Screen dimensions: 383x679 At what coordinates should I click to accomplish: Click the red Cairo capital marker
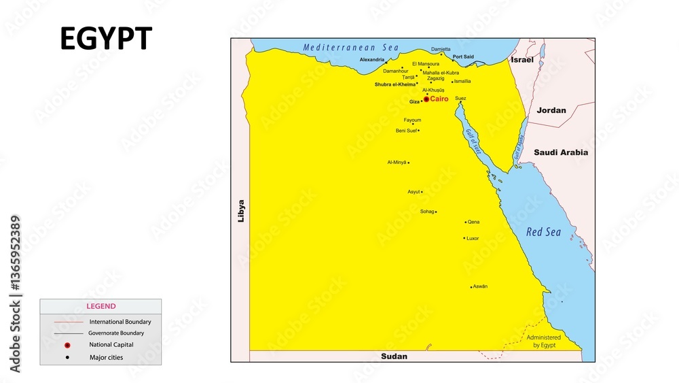(426, 99)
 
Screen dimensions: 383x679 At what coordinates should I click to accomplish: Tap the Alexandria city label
(372, 60)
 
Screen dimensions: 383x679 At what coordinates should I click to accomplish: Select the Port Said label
(463, 56)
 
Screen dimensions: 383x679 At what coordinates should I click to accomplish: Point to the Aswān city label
(480, 286)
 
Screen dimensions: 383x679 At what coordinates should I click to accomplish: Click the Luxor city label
(473, 238)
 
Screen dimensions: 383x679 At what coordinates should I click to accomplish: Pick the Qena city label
(473, 222)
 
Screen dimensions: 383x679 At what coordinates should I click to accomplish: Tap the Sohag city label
(427, 212)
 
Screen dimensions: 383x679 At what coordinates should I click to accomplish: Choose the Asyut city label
(414, 192)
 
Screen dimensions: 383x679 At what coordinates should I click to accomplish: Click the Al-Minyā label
(397, 163)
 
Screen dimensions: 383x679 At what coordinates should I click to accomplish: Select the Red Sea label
(544, 232)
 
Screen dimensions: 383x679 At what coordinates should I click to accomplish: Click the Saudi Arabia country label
(561, 152)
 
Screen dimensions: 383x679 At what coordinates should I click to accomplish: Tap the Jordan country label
(551, 110)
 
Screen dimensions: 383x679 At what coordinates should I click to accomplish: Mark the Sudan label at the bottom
(394, 356)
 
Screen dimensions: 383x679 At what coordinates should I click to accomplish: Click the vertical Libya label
(240, 211)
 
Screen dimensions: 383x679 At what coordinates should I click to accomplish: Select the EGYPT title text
(106, 39)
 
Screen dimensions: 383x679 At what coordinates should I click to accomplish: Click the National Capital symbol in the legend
(68, 345)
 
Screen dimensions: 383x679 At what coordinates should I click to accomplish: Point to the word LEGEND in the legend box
(100, 306)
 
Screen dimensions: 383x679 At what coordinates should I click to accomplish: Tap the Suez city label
(461, 98)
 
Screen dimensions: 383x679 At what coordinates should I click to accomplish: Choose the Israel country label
(522, 60)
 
